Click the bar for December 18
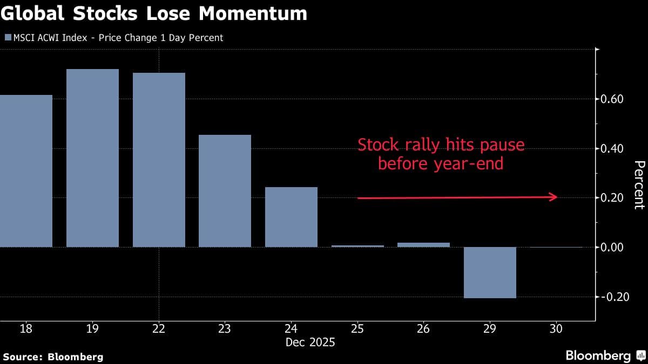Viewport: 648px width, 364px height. [x=26, y=171]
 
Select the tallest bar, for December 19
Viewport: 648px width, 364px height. [x=92, y=158]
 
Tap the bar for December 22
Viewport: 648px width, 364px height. [x=159, y=160]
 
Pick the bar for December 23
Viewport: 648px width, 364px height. [x=225, y=191]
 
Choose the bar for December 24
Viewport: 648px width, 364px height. [x=291, y=217]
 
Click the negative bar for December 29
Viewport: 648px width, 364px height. [x=490, y=272]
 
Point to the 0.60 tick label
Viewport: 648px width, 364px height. [x=612, y=99]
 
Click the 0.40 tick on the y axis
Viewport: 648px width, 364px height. [x=612, y=149]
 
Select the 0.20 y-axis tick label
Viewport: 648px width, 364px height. [x=612, y=198]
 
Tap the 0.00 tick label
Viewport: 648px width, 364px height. [x=612, y=248]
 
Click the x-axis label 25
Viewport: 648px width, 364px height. [x=357, y=328]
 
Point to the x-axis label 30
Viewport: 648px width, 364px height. [x=556, y=328]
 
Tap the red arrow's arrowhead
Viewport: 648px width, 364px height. [x=553, y=197]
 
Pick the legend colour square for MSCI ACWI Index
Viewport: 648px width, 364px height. [x=8, y=38]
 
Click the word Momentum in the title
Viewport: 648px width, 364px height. [x=253, y=14]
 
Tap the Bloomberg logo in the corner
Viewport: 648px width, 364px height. [x=598, y=356]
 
